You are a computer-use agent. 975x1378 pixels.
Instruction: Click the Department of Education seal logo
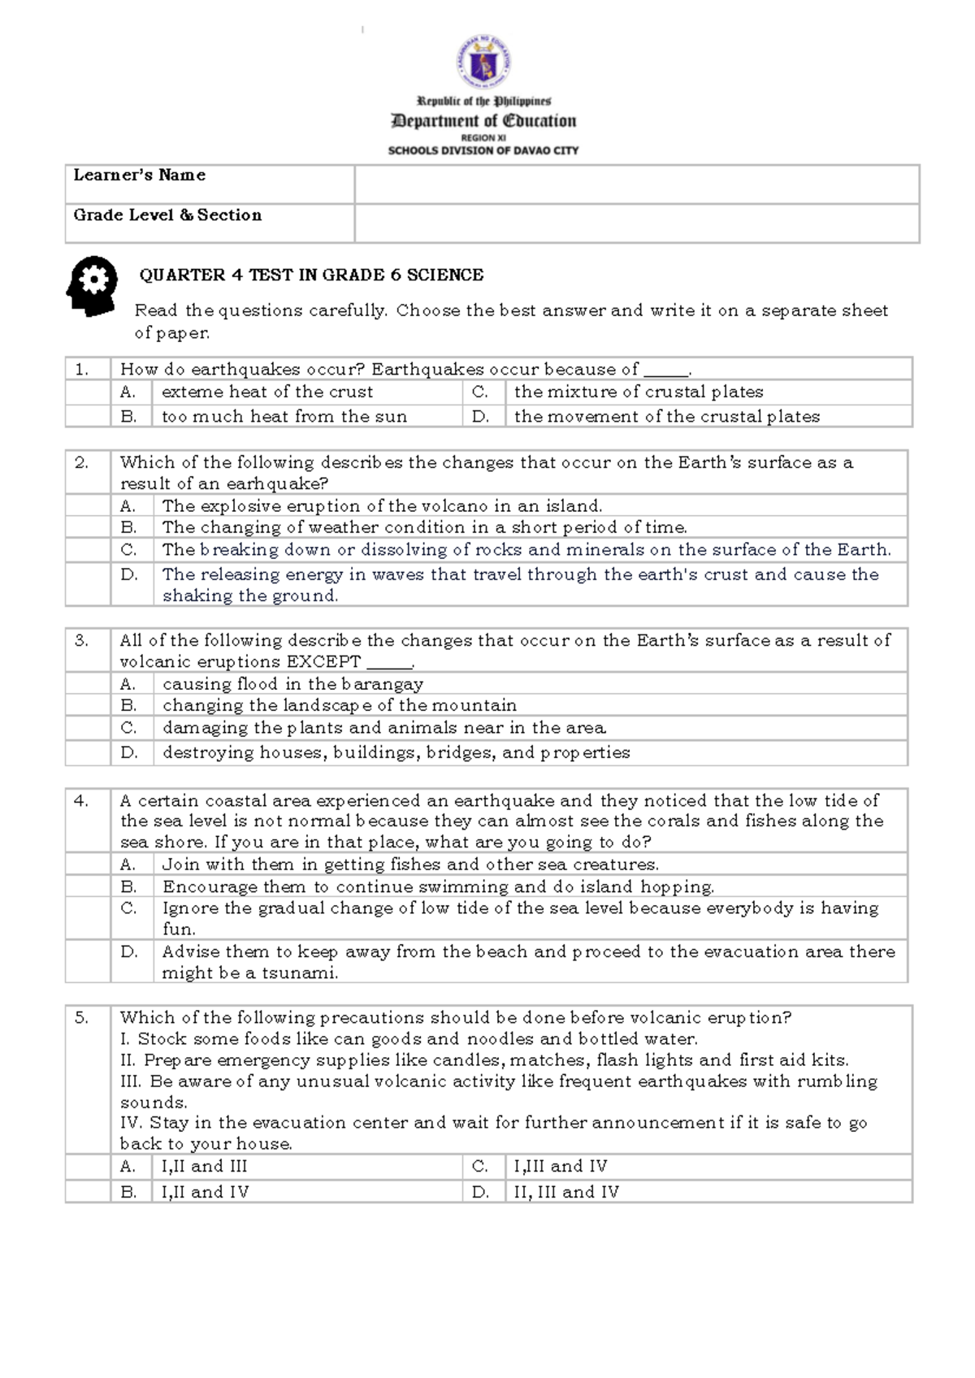pyautogui.click(x=484, y=62)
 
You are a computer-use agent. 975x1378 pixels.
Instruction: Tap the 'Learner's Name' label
pyautogui.click(x=139, y=175)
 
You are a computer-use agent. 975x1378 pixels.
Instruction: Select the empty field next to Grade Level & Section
pyautogui.click(x=636, y=223)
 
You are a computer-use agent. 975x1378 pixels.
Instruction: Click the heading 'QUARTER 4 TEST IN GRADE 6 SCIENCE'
pyautogui.click(x=311, y=275)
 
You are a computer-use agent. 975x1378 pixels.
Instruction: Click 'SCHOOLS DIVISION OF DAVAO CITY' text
pyautogui.click(x=483, y=150)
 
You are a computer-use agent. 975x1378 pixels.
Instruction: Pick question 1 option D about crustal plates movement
pyautogui.click(x=666, y=417)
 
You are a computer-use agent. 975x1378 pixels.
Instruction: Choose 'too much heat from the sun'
pyautogui.click(x=284, y=417)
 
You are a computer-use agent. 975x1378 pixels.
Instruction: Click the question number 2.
pyautogui.click(x=81, y=463)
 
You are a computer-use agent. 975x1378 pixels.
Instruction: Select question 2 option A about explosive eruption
pyautogui.click(x=382, y=506)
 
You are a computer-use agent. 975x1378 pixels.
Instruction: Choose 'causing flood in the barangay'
pyautogui.click(x=292, y=684)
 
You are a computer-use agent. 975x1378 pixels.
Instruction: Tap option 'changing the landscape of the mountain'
pyautogui.click(x=340, y=705)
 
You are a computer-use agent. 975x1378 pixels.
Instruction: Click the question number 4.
pyautogui.click(x=81, y=800)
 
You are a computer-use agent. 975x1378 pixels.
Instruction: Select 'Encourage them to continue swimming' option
pyautogui.click(x=438, y=886)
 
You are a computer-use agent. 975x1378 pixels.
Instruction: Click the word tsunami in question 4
pyautogui.click(x=298, y=973)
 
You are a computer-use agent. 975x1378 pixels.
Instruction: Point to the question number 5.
pyautogui.click(x=81, y=1017)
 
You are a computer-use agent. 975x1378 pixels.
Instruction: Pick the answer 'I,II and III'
pyautogui.click(x=204, y=1167)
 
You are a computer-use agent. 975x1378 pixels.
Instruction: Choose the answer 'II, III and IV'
pyautogui.click(x=566, y=1192)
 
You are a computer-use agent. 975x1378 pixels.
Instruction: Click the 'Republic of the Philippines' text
pyautogui.click(x=483, y=102)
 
